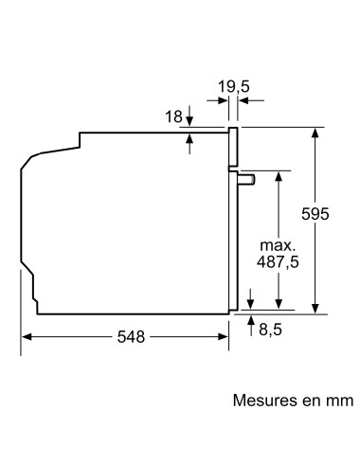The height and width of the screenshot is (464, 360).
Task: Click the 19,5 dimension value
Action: click(x=233, y=87)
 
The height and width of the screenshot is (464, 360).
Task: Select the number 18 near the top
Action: click(x=171, y=116)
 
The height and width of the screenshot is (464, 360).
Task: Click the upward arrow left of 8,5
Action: click(x=250, y=327)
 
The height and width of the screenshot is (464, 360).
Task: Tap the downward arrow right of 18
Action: click(x=190, y=120)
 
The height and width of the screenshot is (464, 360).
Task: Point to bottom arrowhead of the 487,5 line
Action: click(x=279, y=305)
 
